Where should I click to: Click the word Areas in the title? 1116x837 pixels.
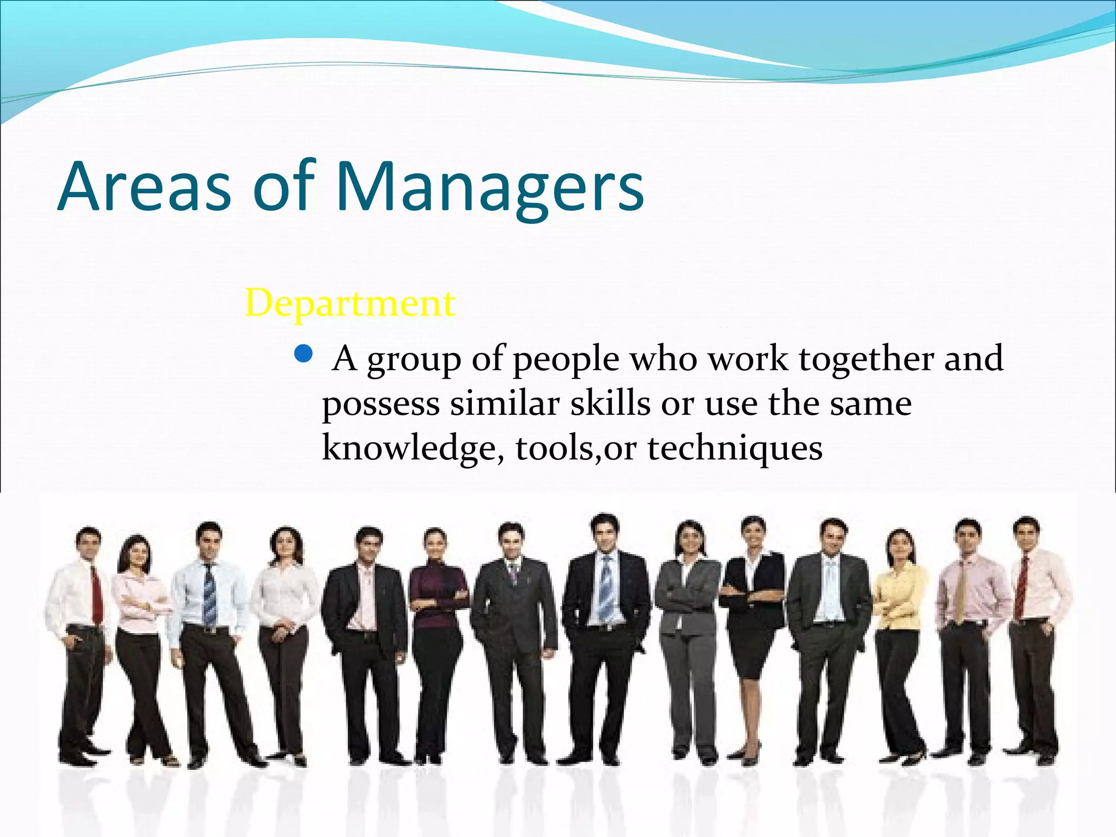pos(144,188)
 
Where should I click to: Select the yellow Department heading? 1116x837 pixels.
pos(350,303)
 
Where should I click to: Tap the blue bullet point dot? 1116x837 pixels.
pos(303,355)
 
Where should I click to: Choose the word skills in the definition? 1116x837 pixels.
pos(610,404)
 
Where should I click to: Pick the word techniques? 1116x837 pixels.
pos(735,450)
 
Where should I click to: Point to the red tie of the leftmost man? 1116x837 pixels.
pos(96,594)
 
